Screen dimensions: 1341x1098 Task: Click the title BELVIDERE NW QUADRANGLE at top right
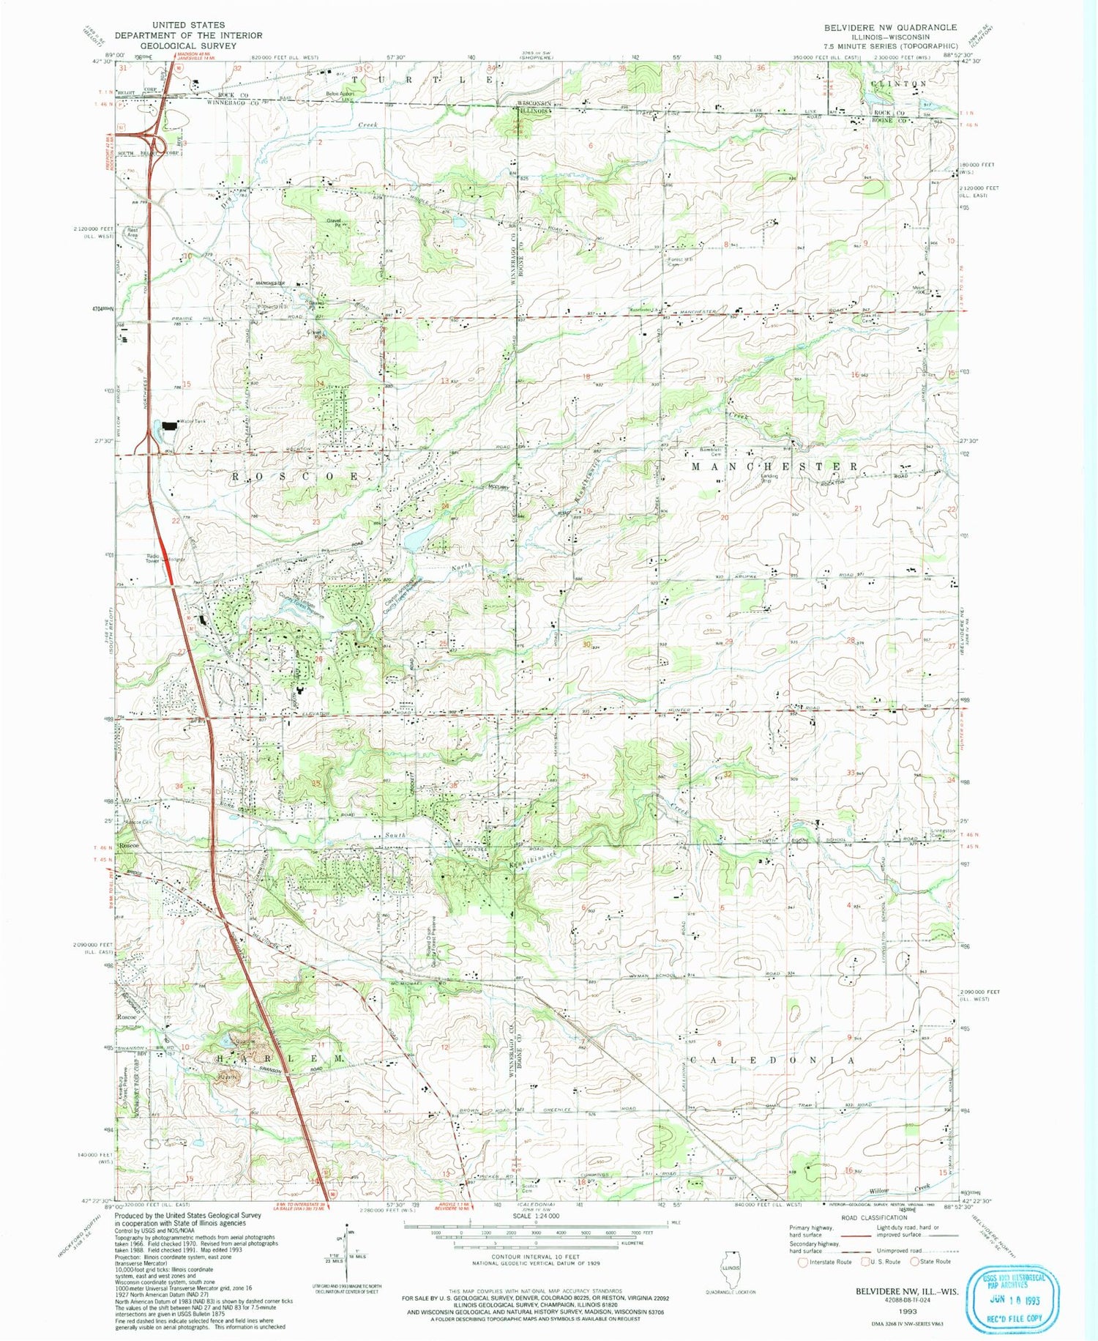coord(890,27)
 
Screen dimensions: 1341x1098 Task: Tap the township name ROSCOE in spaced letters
coord(296,476)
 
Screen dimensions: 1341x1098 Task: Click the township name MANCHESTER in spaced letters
coord(774,466)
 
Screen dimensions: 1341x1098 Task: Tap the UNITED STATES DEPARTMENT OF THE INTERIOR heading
coord(188,35)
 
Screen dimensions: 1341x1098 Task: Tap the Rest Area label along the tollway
coord(132,232)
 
